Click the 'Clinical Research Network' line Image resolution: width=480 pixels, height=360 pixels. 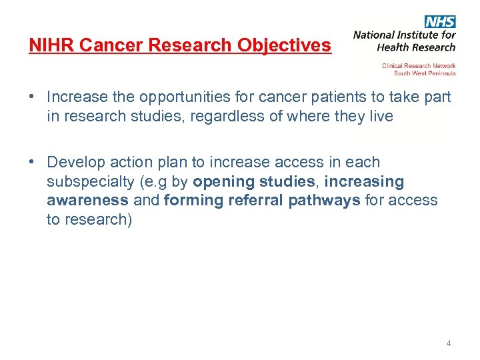click(x=419, y=65)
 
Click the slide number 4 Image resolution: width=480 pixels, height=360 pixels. click(x=449, y=343)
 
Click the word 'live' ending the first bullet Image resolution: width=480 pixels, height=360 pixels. click(x=379, y=116)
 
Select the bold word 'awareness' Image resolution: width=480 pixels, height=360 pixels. click(x=87, y=200)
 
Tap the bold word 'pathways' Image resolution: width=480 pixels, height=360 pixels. click(x=325, y=200)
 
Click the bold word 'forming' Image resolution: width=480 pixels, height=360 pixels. click(x=191, y=200)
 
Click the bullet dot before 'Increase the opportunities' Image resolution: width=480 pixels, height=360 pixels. click(x=32, y=97)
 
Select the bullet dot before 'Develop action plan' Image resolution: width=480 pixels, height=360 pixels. click(x=32, y=162)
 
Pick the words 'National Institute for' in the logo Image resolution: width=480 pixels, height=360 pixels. click(x=404, y=35)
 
